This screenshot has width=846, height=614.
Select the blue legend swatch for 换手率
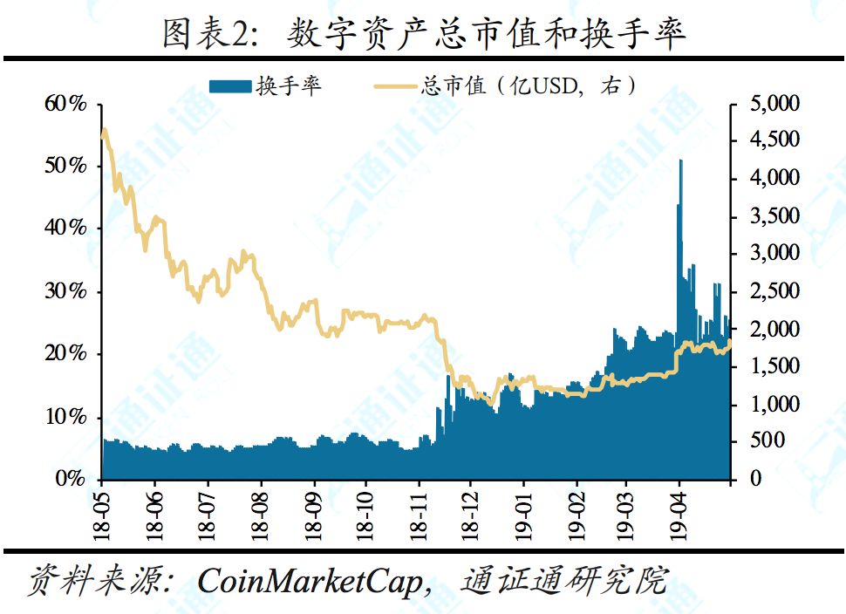[x=230, y=85]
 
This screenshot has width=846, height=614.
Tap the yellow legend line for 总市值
[x=395, y=85]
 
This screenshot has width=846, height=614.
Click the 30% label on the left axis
[x=65, y=291]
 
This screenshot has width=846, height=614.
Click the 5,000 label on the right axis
[x=774, y=104]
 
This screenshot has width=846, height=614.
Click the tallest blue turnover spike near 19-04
[x=680, y=162]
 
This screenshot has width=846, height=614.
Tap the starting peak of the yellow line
[x=105, y=131]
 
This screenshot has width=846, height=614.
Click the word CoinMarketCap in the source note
[x=311, y=580]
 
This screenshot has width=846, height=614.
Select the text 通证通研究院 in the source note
[x=565, y=580]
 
